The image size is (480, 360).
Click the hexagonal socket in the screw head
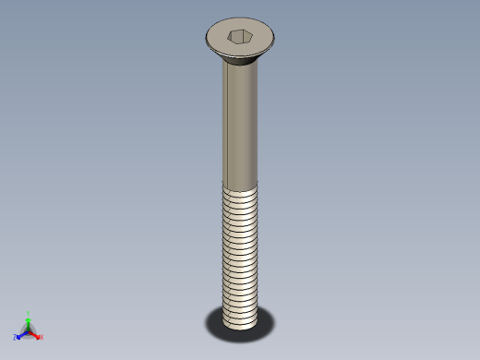(x=239, y=37)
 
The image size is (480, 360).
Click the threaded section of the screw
(x=241, y=249)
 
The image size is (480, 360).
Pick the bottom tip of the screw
(x=241, y=324)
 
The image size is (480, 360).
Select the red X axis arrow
(x=36, y=334)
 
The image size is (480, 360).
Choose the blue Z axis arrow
(x=21, y=334)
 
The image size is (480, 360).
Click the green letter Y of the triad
(x=29, y=313)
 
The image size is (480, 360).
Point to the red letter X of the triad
(x=42, y=337)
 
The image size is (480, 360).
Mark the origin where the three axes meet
(x=29, y=330)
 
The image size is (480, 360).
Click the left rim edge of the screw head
(x=206, y=40)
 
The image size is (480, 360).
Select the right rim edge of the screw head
(x=274, y=39)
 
